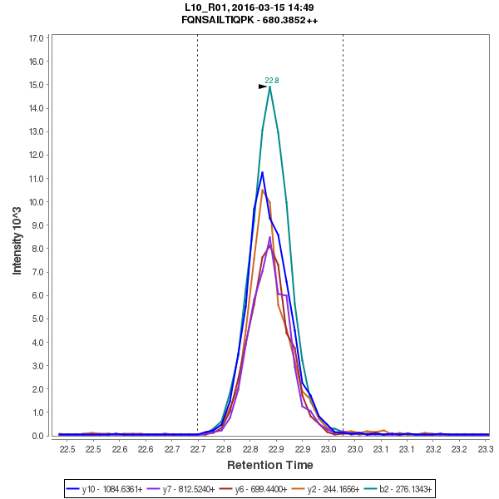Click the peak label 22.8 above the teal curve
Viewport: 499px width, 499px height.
(x=272, y=81)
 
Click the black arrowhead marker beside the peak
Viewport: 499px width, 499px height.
(x=263, y=86)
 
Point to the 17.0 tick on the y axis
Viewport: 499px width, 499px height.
(x=36, y=38)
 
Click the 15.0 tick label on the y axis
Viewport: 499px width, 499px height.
(x=36, y=85)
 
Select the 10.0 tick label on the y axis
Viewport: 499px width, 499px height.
(x=36, y=201)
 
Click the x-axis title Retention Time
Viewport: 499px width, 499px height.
(x=270, y=465)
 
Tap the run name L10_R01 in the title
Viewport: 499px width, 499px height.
(x=205, y=7)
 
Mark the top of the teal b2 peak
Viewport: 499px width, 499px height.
(x=269, y=86)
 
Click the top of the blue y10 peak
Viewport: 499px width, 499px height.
(x=262, y=172)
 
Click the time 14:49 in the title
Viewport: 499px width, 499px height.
(x=300, y=7)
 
